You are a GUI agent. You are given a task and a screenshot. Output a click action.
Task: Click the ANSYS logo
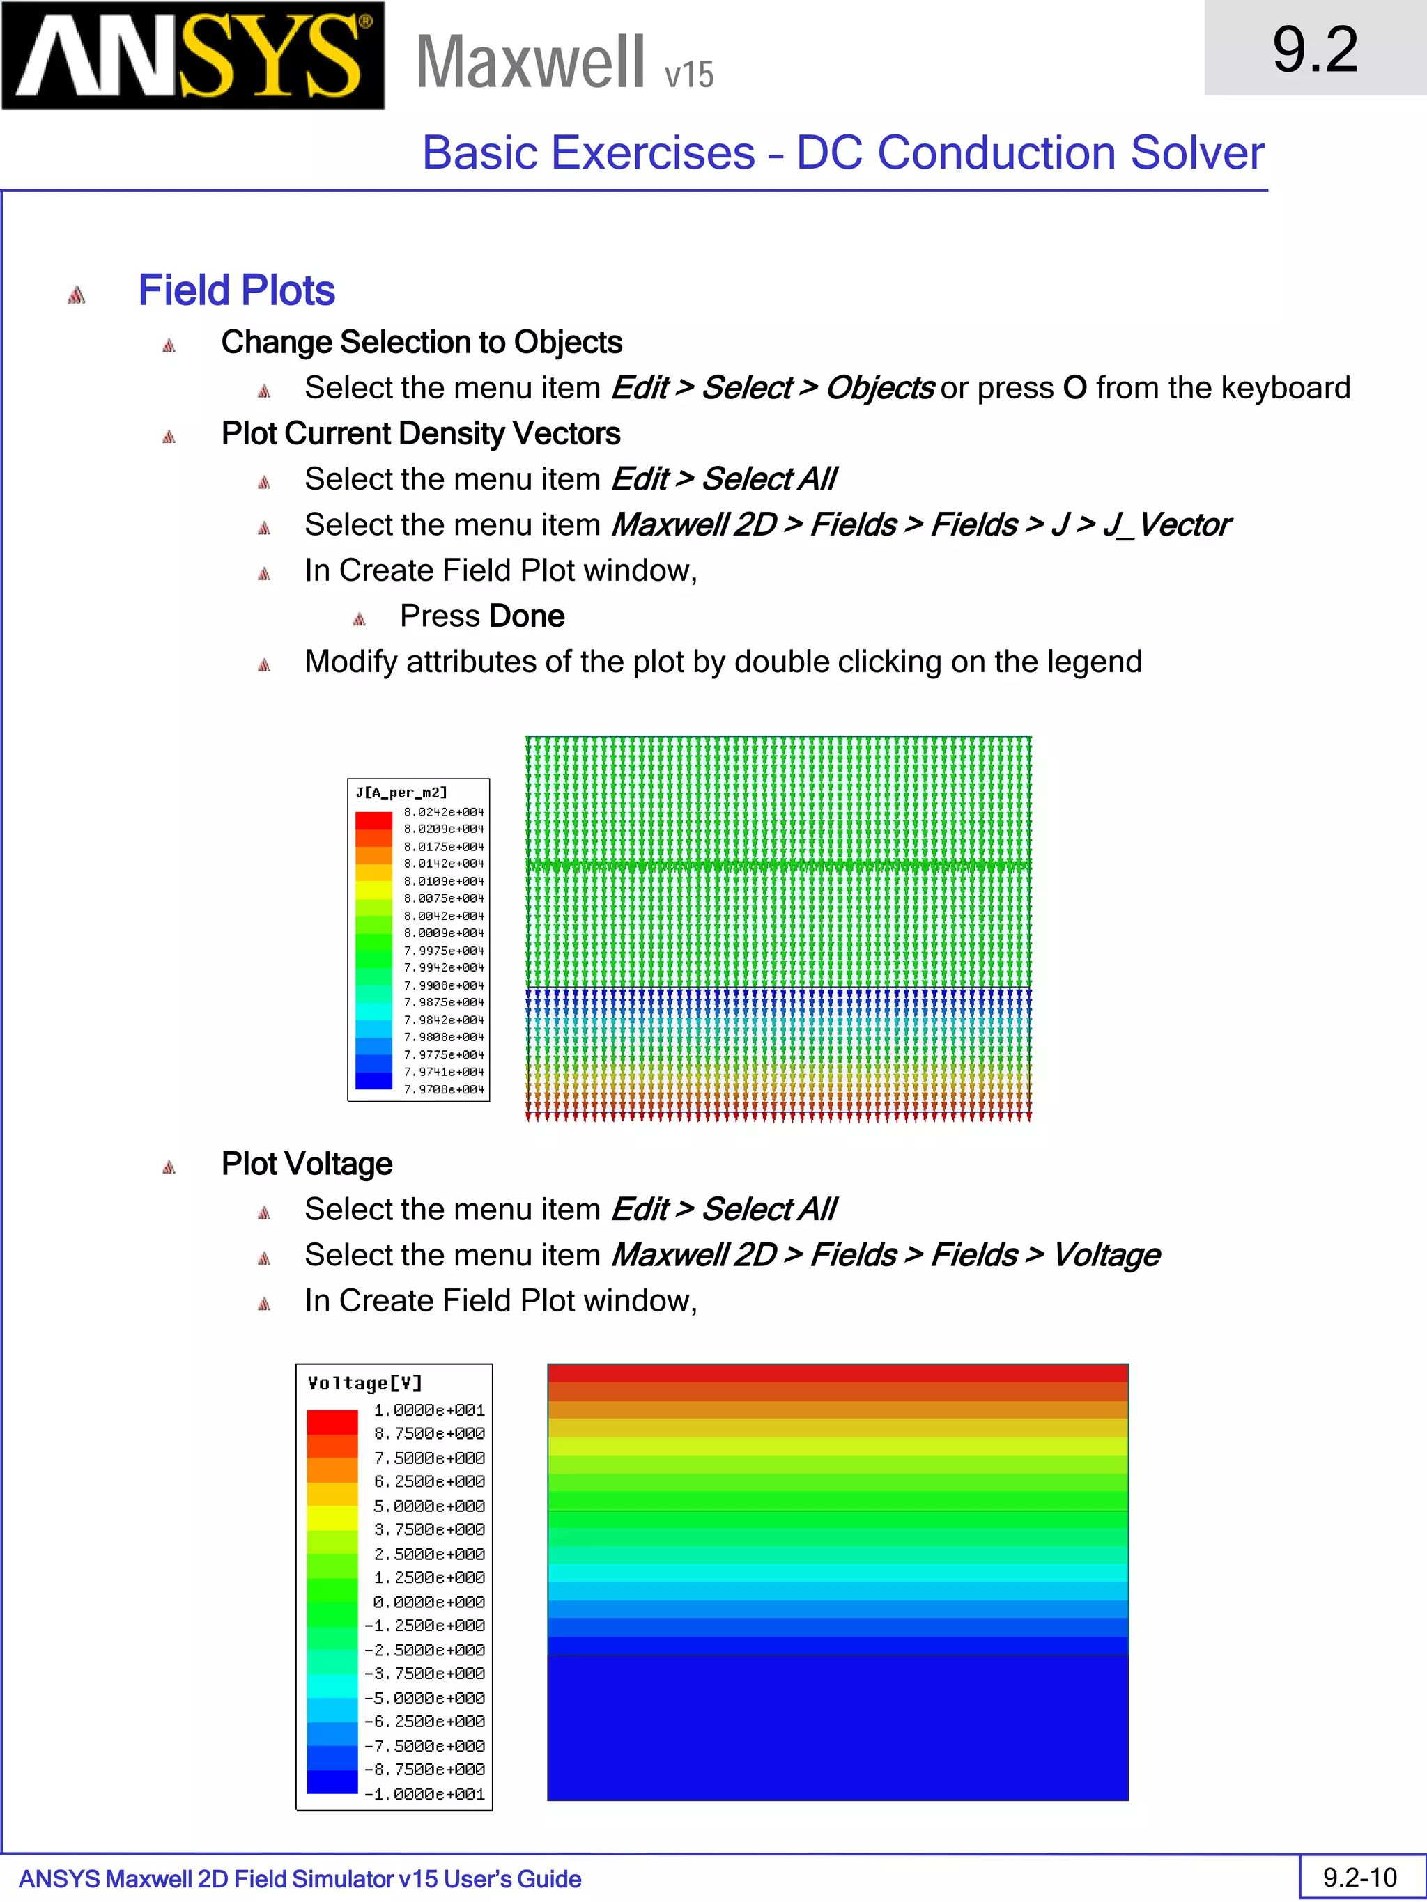click(193, 56)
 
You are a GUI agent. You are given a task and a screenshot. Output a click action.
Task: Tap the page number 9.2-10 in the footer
click(1360, 1877)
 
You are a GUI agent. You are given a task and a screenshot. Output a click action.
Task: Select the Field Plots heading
click(236, 290)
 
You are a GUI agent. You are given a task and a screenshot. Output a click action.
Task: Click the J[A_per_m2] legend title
click(401, 793)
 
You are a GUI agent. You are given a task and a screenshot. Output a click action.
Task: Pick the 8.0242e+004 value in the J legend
click(444, 811)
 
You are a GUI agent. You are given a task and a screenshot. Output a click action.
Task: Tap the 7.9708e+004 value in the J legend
click(444, 1089)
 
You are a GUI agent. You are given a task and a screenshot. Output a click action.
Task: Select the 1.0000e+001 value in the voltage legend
click(429, 1410)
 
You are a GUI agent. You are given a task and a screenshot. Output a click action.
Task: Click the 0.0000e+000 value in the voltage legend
click(429, 1602)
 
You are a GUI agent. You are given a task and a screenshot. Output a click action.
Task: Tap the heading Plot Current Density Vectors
click(421, 434)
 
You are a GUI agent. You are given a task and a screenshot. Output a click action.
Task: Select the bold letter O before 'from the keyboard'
click(1074, 389)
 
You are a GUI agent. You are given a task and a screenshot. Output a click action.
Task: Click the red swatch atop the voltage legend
click(332, 1422)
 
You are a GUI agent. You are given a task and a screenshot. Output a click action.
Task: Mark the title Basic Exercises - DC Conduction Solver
click(843, 153)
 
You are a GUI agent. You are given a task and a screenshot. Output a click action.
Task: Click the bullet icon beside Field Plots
click(77, 295)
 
